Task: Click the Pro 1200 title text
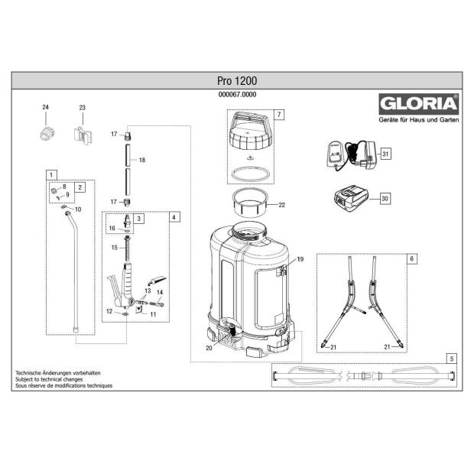coord(236,80)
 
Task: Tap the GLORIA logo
coord(412,103)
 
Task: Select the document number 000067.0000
coord(236,94)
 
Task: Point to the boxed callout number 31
coord(386,154)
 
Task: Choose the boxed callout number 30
coord(385,198)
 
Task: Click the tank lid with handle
coord(249,135)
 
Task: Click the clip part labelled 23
coord(83,136)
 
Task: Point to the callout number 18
coord(141,161)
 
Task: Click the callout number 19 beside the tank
coord(300,260)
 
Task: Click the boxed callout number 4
coord(174,217)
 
